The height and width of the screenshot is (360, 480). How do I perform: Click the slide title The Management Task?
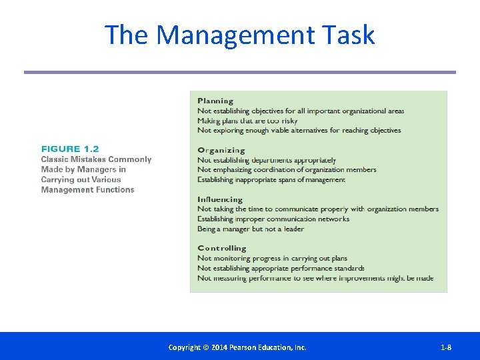[240, 35]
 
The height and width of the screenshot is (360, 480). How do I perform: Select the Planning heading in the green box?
[215, 101]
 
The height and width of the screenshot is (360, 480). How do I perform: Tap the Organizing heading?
[221, 151]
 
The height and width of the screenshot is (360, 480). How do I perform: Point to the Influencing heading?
[220, 199]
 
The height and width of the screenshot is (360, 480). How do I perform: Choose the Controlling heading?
[222, 249]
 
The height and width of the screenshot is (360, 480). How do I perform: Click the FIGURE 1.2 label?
[70, 149]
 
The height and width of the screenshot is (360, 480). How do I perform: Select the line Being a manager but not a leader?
[251, 229]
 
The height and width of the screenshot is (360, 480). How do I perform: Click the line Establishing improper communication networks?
[273, 219]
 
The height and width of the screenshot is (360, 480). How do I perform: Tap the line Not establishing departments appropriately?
[267, 160]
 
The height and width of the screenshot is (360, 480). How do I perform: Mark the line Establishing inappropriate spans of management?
[271, 179]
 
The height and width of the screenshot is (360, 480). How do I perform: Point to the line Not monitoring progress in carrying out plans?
[272, 258]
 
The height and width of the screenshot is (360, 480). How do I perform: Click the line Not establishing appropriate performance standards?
[281, 268]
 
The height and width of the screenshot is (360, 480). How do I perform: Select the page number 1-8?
[446, 347]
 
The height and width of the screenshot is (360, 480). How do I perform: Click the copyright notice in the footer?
[237, 347]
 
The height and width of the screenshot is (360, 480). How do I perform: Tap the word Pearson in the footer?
[250, 347]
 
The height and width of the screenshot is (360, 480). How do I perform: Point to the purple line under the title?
[240, 72]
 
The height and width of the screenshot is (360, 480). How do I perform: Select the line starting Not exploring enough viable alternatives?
[299, 131]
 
